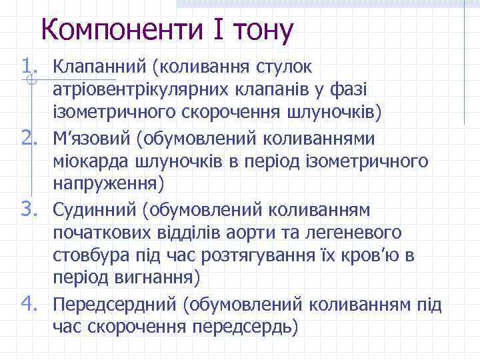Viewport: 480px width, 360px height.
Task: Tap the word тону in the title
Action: tap(263, 30)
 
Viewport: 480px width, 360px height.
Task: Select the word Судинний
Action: tap(94, 211)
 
